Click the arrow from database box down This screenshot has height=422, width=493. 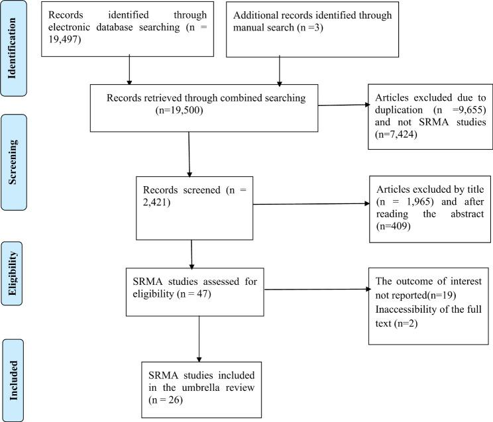click(x=129, y=70)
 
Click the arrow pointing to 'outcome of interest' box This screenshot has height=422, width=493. click(x=318, y=289)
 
